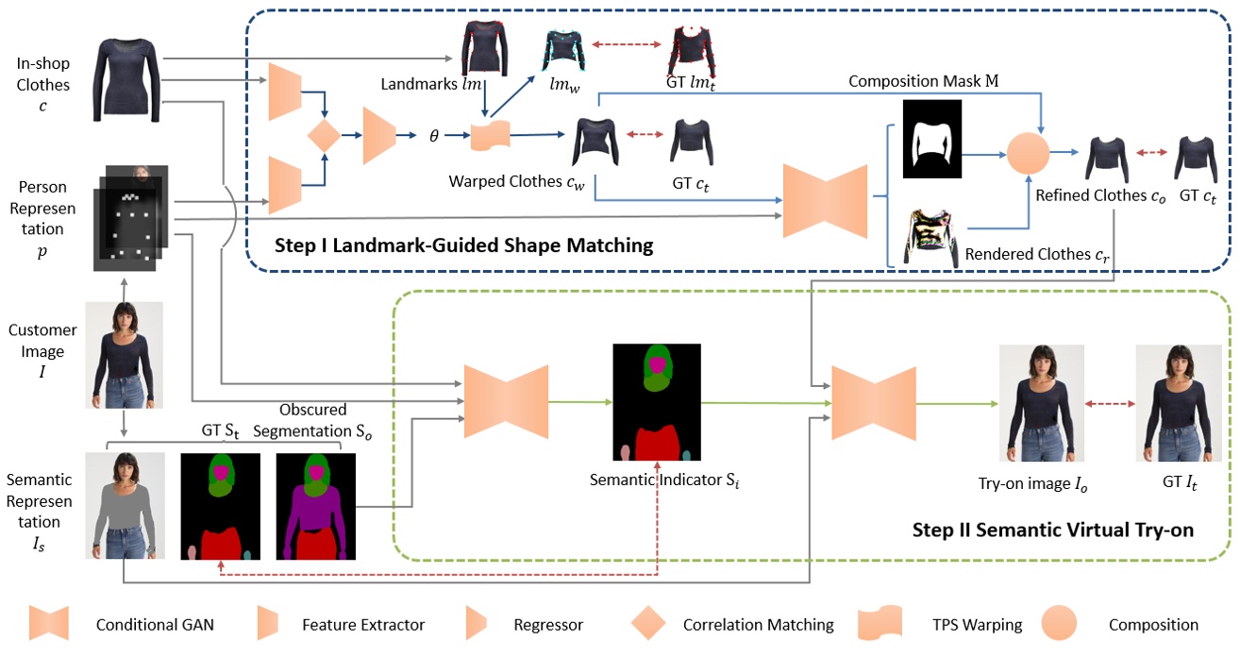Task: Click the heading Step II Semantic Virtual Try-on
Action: coord(1052,530)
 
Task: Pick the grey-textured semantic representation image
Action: coord(124,505)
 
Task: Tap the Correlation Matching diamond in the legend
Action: coord(649,625)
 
